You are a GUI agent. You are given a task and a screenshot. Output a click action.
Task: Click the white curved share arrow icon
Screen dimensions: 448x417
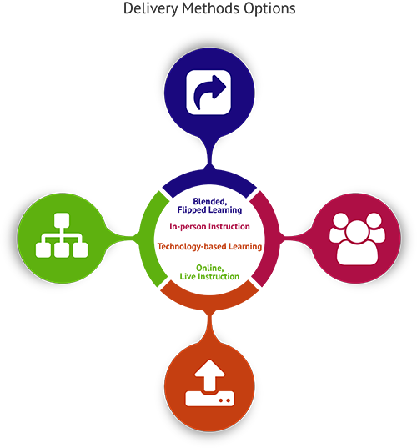point(209,91)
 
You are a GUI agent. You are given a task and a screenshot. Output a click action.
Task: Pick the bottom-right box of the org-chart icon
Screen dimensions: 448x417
point(79,247)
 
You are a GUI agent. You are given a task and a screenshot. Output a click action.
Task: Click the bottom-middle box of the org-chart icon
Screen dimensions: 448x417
point(60,247)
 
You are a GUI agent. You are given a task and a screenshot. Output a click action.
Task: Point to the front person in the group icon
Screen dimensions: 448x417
point(357,242)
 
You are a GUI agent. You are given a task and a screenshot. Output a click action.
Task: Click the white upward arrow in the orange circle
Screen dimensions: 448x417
point(208,373)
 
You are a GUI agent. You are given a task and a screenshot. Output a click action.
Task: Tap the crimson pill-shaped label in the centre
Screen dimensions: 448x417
point(208,226)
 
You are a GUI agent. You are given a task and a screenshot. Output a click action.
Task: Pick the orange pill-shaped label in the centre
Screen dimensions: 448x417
point(208,247)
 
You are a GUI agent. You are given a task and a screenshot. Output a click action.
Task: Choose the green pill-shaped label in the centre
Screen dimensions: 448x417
point(208,270)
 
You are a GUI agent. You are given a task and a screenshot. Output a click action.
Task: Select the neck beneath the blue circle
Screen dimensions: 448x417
point(208,148)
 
